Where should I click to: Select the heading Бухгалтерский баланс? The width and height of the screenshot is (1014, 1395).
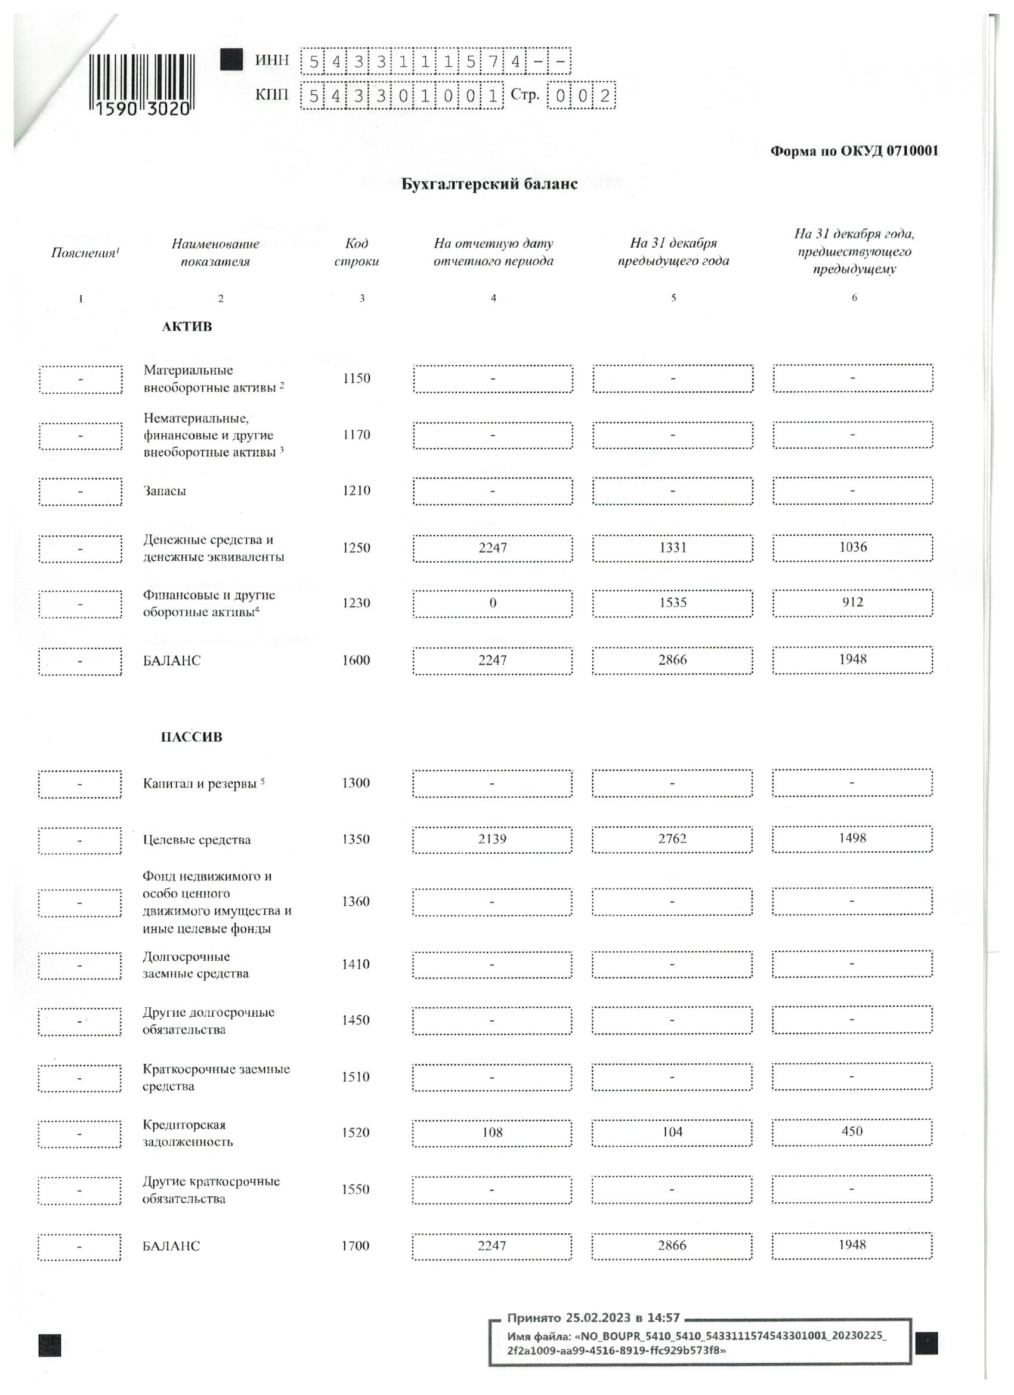click(489, 184)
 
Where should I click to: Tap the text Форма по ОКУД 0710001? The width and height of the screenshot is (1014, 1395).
click(854, 152)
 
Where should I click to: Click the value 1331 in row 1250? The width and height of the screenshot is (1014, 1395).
click(672, 548)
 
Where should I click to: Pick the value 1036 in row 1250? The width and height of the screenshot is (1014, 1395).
click(852, 547)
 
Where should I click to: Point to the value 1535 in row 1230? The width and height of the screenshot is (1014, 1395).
click(672, 603)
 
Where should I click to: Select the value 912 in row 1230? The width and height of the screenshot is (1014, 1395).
click(852, 602)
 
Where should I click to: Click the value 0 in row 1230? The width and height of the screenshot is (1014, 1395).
click(493, 603)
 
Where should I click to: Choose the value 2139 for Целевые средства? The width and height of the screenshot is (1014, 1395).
click(492, 840)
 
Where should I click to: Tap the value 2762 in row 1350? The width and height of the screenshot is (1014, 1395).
click(672, 839)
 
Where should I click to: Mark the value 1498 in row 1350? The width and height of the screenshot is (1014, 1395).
click(852, 838)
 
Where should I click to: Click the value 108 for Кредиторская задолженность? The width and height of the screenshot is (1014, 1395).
click(492, 1132)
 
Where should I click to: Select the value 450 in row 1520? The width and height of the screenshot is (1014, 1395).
click(852, 1131)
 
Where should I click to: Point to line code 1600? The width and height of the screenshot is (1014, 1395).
click(356, 661)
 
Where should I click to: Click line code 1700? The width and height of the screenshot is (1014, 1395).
click(355, 1246)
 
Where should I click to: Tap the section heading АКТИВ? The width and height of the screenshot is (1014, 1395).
click(187, 326)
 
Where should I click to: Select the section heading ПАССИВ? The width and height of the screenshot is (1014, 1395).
click(191, 737)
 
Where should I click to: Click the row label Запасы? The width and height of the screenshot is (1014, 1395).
click(165, 491)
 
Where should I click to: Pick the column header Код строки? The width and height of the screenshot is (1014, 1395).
click(356, 252)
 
